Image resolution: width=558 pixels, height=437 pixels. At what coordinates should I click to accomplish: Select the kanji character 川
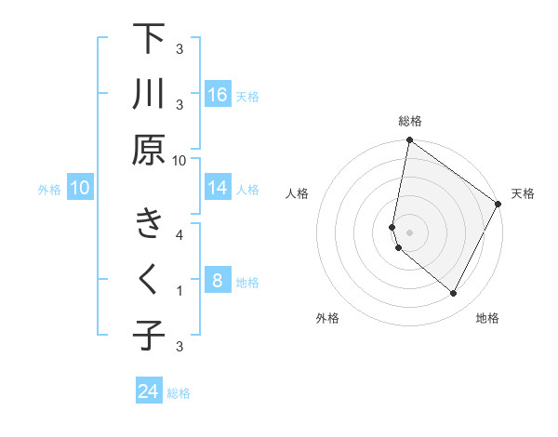148,95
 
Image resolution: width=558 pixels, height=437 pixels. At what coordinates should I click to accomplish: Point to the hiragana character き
148,224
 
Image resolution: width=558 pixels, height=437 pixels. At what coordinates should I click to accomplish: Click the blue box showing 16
218,94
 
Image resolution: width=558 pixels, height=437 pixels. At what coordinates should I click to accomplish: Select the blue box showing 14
218,188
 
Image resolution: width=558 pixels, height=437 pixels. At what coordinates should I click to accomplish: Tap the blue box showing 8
218,281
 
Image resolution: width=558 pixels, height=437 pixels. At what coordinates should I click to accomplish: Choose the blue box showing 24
149,391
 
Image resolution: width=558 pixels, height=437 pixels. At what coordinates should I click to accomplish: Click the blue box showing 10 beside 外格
80,188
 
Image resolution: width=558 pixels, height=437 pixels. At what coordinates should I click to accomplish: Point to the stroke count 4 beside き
179,234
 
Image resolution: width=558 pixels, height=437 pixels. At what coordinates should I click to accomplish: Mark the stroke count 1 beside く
179,291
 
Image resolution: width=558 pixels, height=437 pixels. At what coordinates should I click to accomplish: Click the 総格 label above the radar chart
410,121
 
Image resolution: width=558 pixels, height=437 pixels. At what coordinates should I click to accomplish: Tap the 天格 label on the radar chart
523,193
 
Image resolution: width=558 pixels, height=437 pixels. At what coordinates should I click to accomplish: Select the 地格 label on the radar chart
487,318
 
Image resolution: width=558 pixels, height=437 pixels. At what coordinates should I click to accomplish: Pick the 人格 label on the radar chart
298,193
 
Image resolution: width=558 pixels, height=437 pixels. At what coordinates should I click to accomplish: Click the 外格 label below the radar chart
327,318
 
